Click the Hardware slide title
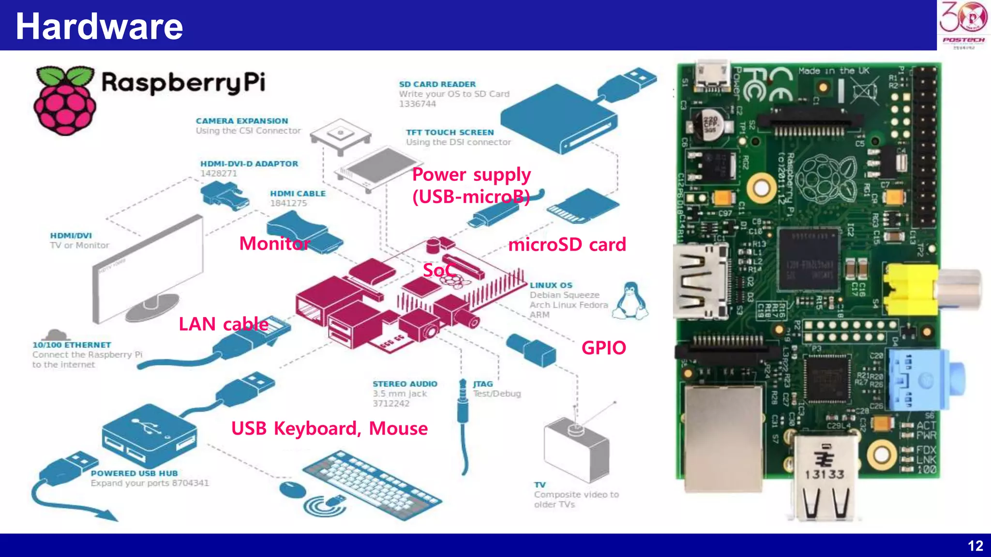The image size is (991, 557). (99, 27)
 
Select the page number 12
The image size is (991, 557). (975, 546)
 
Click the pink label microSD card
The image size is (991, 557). (567, 245)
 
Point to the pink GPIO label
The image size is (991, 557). (603, 348)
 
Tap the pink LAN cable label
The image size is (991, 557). (223, 324)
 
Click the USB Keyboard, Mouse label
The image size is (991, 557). (329, 429)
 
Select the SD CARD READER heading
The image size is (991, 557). (437, 84)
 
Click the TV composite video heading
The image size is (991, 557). (540, 485)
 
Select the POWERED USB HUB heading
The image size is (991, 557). (134, 473)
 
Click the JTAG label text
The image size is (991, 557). (482, 384)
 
